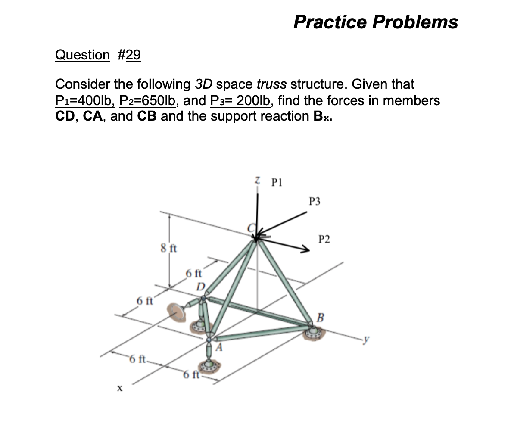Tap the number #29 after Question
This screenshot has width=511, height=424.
coord(128,55)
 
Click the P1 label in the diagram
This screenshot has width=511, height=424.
coord(277,181)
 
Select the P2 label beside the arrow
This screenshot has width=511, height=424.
coord(324,239)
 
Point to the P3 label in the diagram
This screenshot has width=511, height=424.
coord(315,201)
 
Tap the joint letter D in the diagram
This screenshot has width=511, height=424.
coord(200,287)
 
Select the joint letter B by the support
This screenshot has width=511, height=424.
coord(320,318)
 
